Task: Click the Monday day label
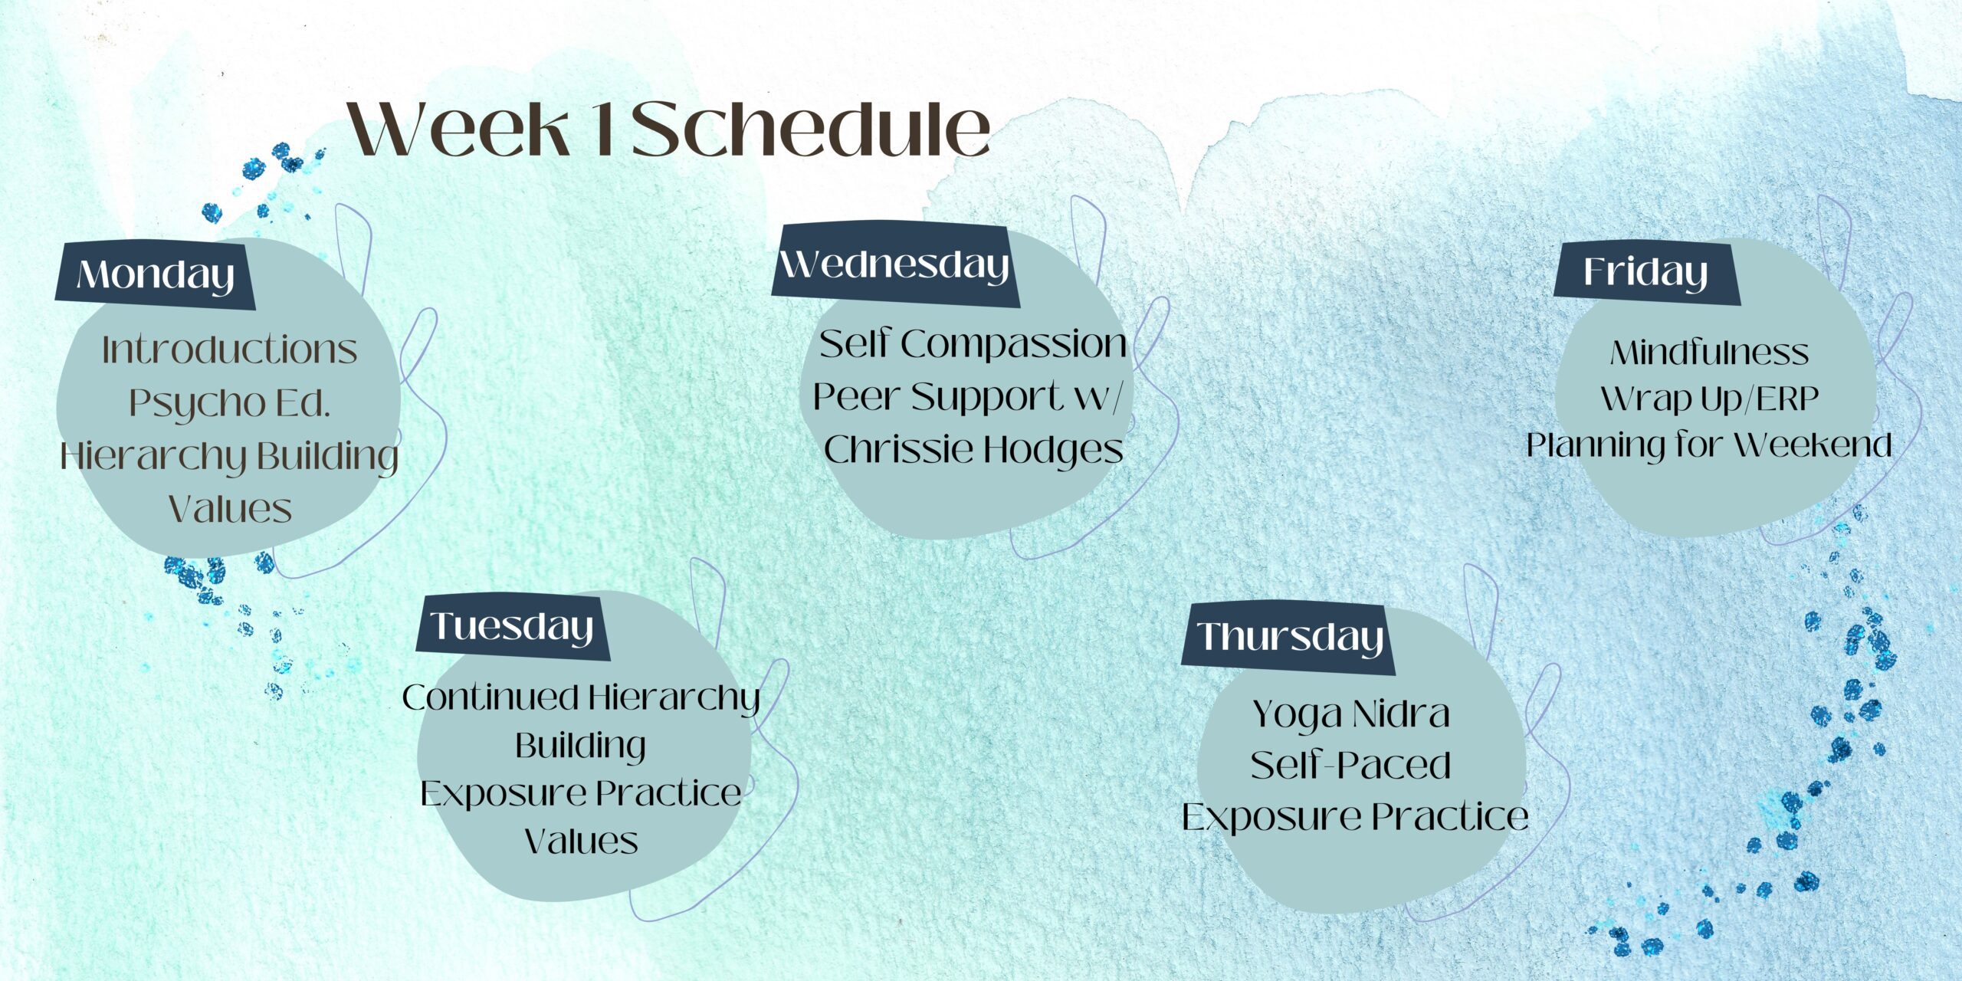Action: coord(156,274)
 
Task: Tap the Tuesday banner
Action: coord(512,626)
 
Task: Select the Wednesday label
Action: coord(894,264)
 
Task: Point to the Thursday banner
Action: coord(1290,637)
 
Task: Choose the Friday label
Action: coord(1645,272)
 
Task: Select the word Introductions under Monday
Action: coord(230,350)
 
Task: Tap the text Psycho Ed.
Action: coord(229,403)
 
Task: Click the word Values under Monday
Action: coord(230,509)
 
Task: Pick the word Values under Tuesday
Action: coord(581,841)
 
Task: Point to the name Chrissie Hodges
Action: coord(973,449)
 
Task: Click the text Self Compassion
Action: coord(973,343)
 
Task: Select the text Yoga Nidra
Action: coord(1351,714)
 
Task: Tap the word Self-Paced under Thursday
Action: coord(1351,765)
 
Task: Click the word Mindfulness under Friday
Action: coord(1709,353)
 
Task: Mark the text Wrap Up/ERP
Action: coord(1709,399)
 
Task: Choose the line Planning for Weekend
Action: coord(1709,445)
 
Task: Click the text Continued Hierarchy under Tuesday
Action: coord(581,698)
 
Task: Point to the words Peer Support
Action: coord(938,396)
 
